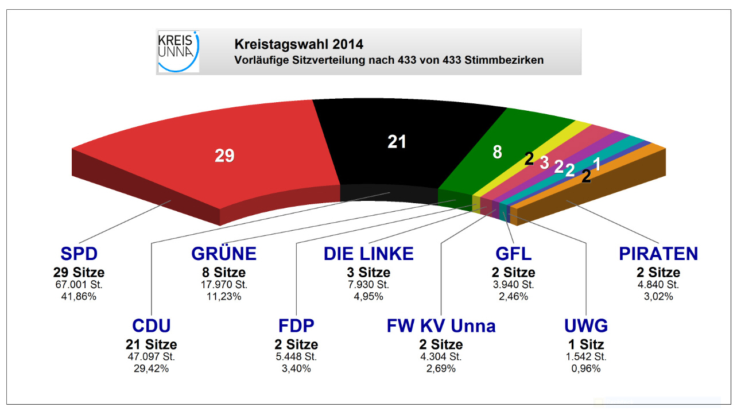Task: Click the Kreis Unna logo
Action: coord(178,52)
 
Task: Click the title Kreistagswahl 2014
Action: coord(298,44)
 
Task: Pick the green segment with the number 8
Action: coord(497,152)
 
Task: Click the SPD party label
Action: coord(79,254)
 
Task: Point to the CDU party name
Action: coord(152,326)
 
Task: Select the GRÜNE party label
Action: coord(224,254)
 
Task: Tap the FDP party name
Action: coord(297,326)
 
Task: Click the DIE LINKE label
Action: coord(368,254)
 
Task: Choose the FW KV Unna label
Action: coord(441,326)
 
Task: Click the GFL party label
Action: coord(513,254)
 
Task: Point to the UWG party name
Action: coord(586,326)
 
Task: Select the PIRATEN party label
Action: coord(658,254)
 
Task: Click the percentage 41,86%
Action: coord(79,297)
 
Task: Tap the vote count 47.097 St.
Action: coord(152,356)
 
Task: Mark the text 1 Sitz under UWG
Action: coord(586,344)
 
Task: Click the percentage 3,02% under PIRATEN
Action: coord(658,297)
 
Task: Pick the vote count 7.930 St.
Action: coord(368,284)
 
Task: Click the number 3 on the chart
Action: coord(544,162)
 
